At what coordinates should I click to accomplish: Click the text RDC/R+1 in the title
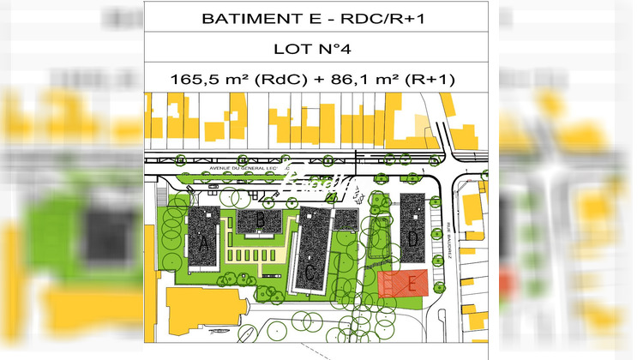click(353, 18)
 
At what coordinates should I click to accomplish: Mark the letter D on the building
click(412, 240)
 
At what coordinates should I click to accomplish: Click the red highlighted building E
click(403, 283)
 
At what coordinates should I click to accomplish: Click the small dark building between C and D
click(346, 219)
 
